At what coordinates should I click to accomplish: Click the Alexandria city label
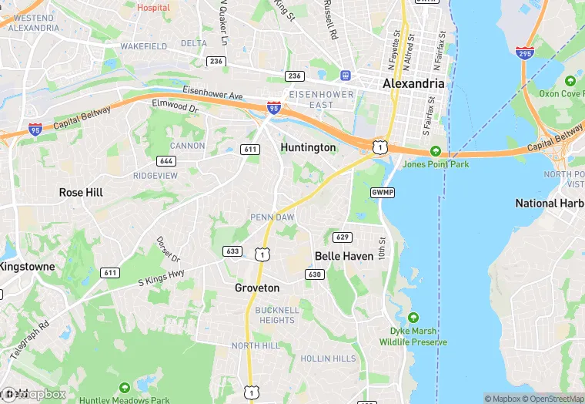coord(414,83)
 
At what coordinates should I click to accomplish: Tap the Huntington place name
coord(308,147)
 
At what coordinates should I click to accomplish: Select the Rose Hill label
coord(81,192)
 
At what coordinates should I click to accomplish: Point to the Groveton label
coord(257,288)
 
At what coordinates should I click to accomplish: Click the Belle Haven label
coord(344,255)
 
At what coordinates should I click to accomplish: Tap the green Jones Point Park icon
coord(436,151)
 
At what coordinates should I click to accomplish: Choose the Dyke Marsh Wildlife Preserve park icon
coord(413,318)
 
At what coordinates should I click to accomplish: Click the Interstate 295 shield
coord(525,52)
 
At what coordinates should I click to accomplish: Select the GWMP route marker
coord(382,192)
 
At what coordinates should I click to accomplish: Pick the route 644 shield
coord(165,161)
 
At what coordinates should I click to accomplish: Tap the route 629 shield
coord(343,236)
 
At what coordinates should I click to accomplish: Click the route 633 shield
coord(232,251)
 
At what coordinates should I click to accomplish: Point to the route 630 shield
coord(314,274)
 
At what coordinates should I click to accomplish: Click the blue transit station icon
coord(346,75)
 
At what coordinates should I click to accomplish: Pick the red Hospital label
coord(153,7)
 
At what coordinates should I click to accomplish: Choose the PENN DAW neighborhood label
coord(272,217)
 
